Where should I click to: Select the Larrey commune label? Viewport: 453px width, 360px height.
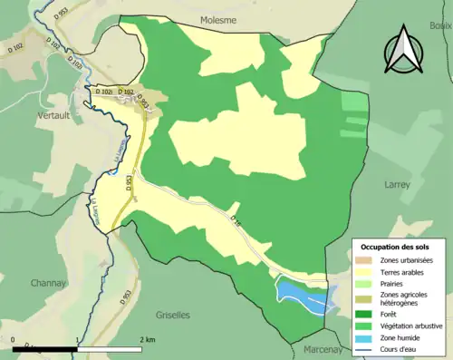(397, 183)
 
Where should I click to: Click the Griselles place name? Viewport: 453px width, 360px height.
(171, 314)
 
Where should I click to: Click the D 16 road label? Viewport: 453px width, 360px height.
(237, 219)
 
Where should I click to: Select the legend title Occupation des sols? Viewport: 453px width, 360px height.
(395, 247)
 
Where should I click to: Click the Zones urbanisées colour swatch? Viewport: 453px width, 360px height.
(366, 262)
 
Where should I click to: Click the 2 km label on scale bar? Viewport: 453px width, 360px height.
(149, 340)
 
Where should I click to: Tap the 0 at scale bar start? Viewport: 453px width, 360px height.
(14, 340)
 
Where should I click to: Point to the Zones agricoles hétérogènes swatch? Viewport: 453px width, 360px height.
(366, 298)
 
